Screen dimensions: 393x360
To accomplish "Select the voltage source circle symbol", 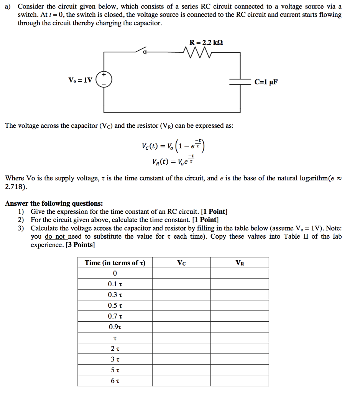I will coord(104,80).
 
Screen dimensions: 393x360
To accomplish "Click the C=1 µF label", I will coord(265,81).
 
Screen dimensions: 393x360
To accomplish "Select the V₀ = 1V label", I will coord(80,80).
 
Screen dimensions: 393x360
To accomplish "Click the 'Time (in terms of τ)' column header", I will coord(115,263).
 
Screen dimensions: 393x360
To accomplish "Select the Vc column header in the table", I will coord(181,263).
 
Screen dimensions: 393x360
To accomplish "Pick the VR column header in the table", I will coord(240,263).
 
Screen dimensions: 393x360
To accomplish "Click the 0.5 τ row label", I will coord(115,306).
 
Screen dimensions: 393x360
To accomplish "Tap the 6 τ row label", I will coord(115,381).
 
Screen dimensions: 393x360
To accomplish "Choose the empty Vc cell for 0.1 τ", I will coord(181,284).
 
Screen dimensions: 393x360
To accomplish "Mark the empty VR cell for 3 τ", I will coord(240,360).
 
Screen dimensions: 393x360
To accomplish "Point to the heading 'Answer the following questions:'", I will coord(54,203).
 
